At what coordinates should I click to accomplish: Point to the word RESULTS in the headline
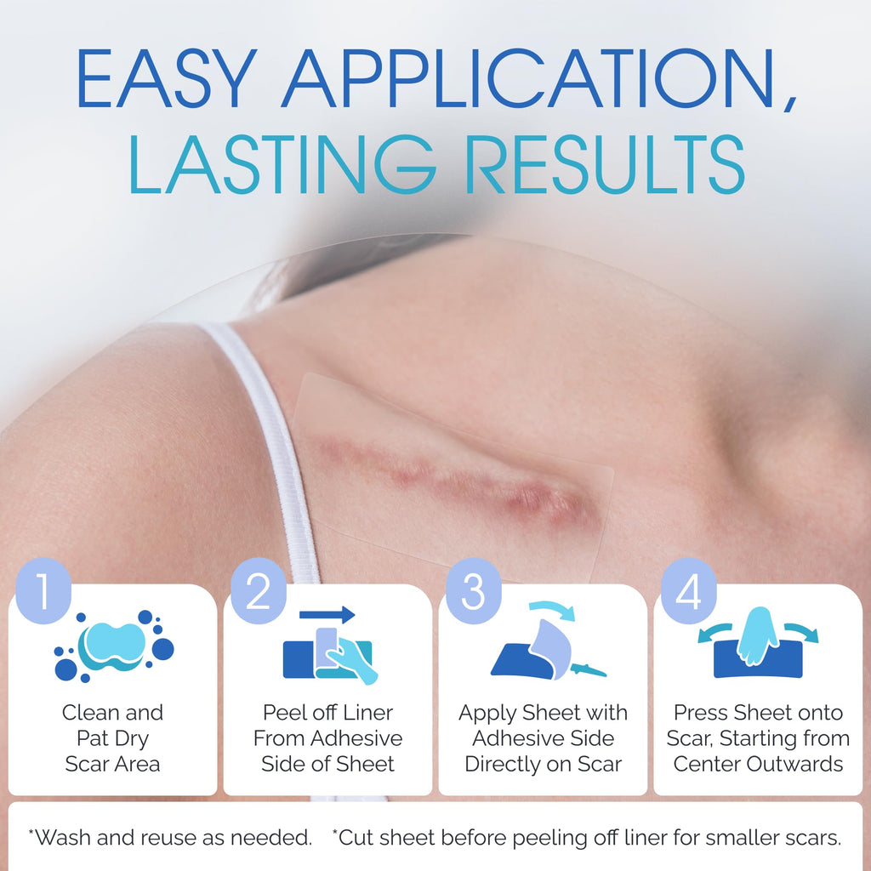coord(610,164)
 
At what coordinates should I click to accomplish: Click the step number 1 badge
coord(43,591)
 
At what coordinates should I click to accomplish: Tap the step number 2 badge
coord(259,591)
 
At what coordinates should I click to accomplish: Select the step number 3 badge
coord(473,591)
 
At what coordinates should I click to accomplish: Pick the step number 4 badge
coord(688,591)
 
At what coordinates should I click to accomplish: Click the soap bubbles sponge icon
coord(114,646)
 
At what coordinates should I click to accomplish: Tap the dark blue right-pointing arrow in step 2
coord(327,614)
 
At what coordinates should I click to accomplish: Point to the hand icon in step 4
coord(758,636)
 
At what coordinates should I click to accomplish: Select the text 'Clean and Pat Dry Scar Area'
coord(113,737)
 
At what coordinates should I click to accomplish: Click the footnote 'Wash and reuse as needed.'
coord(170,837)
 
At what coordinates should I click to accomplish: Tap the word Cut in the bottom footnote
coord(352,837)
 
